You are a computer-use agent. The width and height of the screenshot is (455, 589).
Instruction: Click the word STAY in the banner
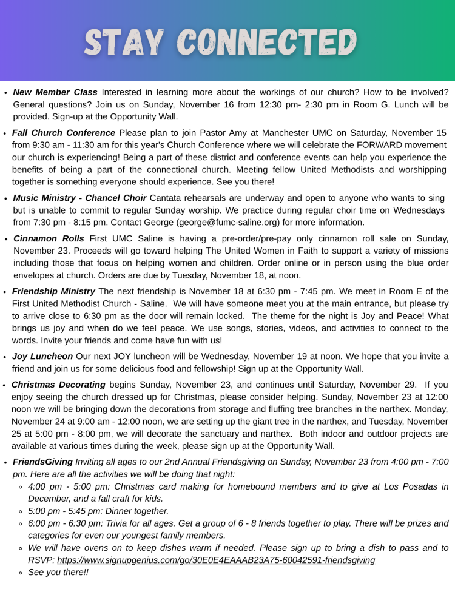coord(124,42)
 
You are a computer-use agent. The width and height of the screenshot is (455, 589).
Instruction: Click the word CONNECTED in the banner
coord(269,42)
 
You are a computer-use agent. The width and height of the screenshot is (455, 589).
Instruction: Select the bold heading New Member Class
coord(55,92)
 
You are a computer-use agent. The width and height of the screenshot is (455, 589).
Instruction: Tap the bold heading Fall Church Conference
coord(64,133)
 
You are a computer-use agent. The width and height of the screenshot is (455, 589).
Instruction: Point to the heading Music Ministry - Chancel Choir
coord(79,198)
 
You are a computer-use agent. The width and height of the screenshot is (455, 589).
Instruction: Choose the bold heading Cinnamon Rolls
coord(49,238)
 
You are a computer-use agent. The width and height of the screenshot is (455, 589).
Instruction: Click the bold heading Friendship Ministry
coord(54,291)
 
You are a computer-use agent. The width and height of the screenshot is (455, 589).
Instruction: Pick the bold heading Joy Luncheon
coord(42,356)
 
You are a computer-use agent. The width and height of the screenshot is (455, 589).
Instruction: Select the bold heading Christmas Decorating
coord(59,385)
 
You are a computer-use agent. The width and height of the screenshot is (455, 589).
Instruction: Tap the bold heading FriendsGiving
coord(42,462)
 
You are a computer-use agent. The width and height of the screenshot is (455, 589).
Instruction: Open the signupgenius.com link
coord(216,560)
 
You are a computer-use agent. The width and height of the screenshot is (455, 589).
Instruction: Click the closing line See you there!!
coord(58,572)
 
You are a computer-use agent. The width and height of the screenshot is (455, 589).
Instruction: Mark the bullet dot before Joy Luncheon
coord(5,357)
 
